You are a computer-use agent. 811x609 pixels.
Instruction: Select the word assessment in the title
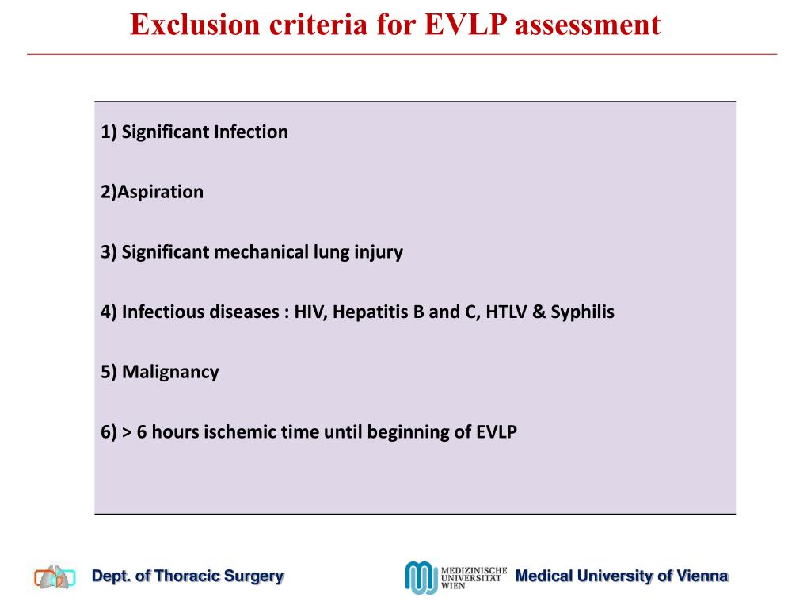[x=588, y=25]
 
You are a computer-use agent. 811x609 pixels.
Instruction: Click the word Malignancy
[x=170, y=372]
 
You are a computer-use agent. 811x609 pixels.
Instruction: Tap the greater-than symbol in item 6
[x=127, y=432]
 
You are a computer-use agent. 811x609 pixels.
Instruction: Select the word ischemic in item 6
[x=238, y=432]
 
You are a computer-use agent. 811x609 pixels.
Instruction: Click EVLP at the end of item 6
[x=496, y=432]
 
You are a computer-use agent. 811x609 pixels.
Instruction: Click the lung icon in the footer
[x=55, y=577]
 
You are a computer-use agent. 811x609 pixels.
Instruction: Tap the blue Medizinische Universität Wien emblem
[x=421, y=577]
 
